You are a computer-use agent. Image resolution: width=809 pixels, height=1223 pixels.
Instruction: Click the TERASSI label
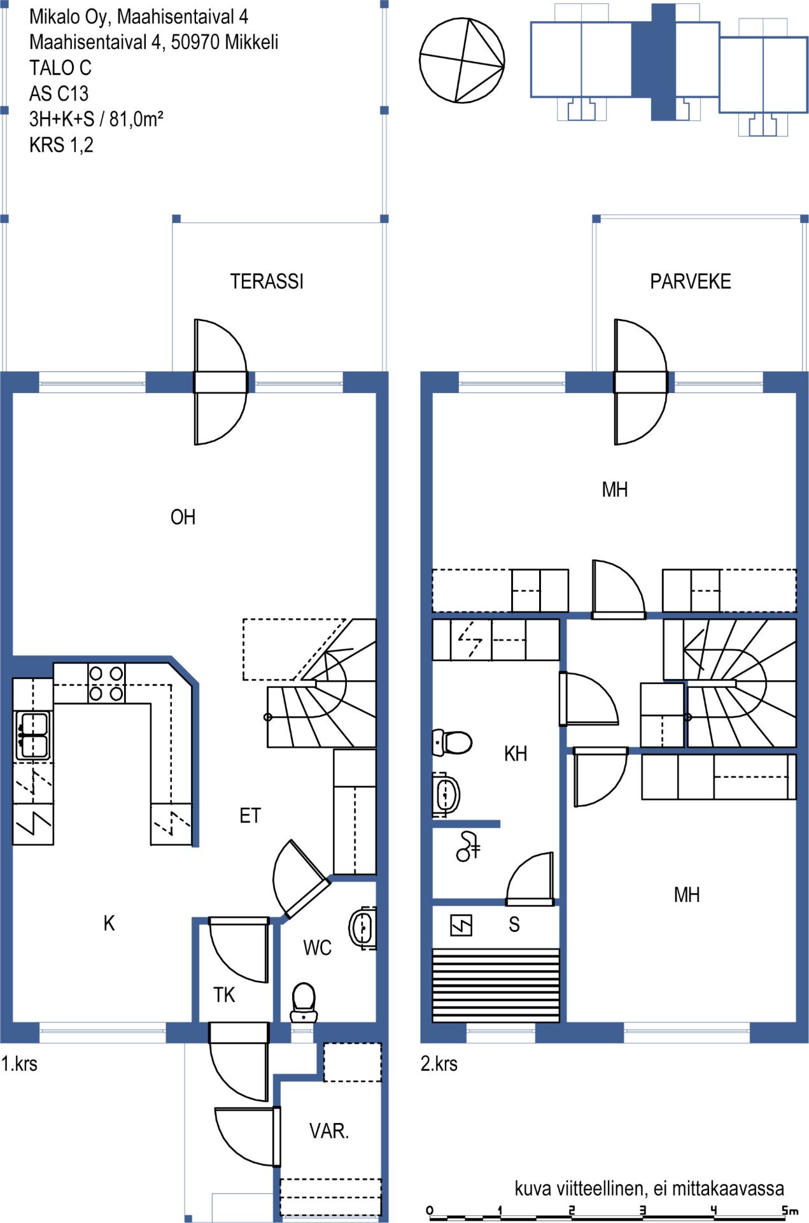tap(267, 282)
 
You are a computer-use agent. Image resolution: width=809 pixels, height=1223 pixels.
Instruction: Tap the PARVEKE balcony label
tap(690, 282)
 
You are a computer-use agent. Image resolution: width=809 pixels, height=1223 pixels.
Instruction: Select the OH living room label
tap(183, 517)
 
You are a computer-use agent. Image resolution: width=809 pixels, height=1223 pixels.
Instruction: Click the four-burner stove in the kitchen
tap(106, 683)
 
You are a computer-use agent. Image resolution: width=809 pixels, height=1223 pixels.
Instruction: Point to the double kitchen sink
tap(33, 736)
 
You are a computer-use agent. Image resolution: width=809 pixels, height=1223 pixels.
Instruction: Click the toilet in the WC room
tap(304, 1002)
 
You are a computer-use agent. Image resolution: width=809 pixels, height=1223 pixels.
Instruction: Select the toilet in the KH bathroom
tap(452, 742)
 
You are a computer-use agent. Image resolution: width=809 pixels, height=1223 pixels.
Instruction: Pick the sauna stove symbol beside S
tap(461, 925)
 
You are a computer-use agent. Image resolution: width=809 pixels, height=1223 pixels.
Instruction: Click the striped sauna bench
tap(496, 985)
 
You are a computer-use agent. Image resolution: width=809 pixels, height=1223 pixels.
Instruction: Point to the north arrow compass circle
tap(462, 61)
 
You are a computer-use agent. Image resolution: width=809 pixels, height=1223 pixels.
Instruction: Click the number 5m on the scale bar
tap(790, 1210)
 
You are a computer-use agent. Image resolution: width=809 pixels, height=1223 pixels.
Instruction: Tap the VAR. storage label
tap(329, 1131)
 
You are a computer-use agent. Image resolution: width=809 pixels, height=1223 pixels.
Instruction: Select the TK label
tap(224, 995)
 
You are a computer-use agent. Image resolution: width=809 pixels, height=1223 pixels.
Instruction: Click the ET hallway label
tap(250, 816)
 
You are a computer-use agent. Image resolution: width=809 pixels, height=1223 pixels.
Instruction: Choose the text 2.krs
tap(439, 1064)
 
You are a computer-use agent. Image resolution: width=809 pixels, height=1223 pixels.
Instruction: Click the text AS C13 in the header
tap(59, 94)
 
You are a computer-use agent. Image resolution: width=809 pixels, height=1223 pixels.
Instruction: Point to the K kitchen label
tap(109, 923)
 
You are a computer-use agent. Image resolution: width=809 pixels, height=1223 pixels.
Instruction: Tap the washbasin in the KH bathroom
tap(446, 794)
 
